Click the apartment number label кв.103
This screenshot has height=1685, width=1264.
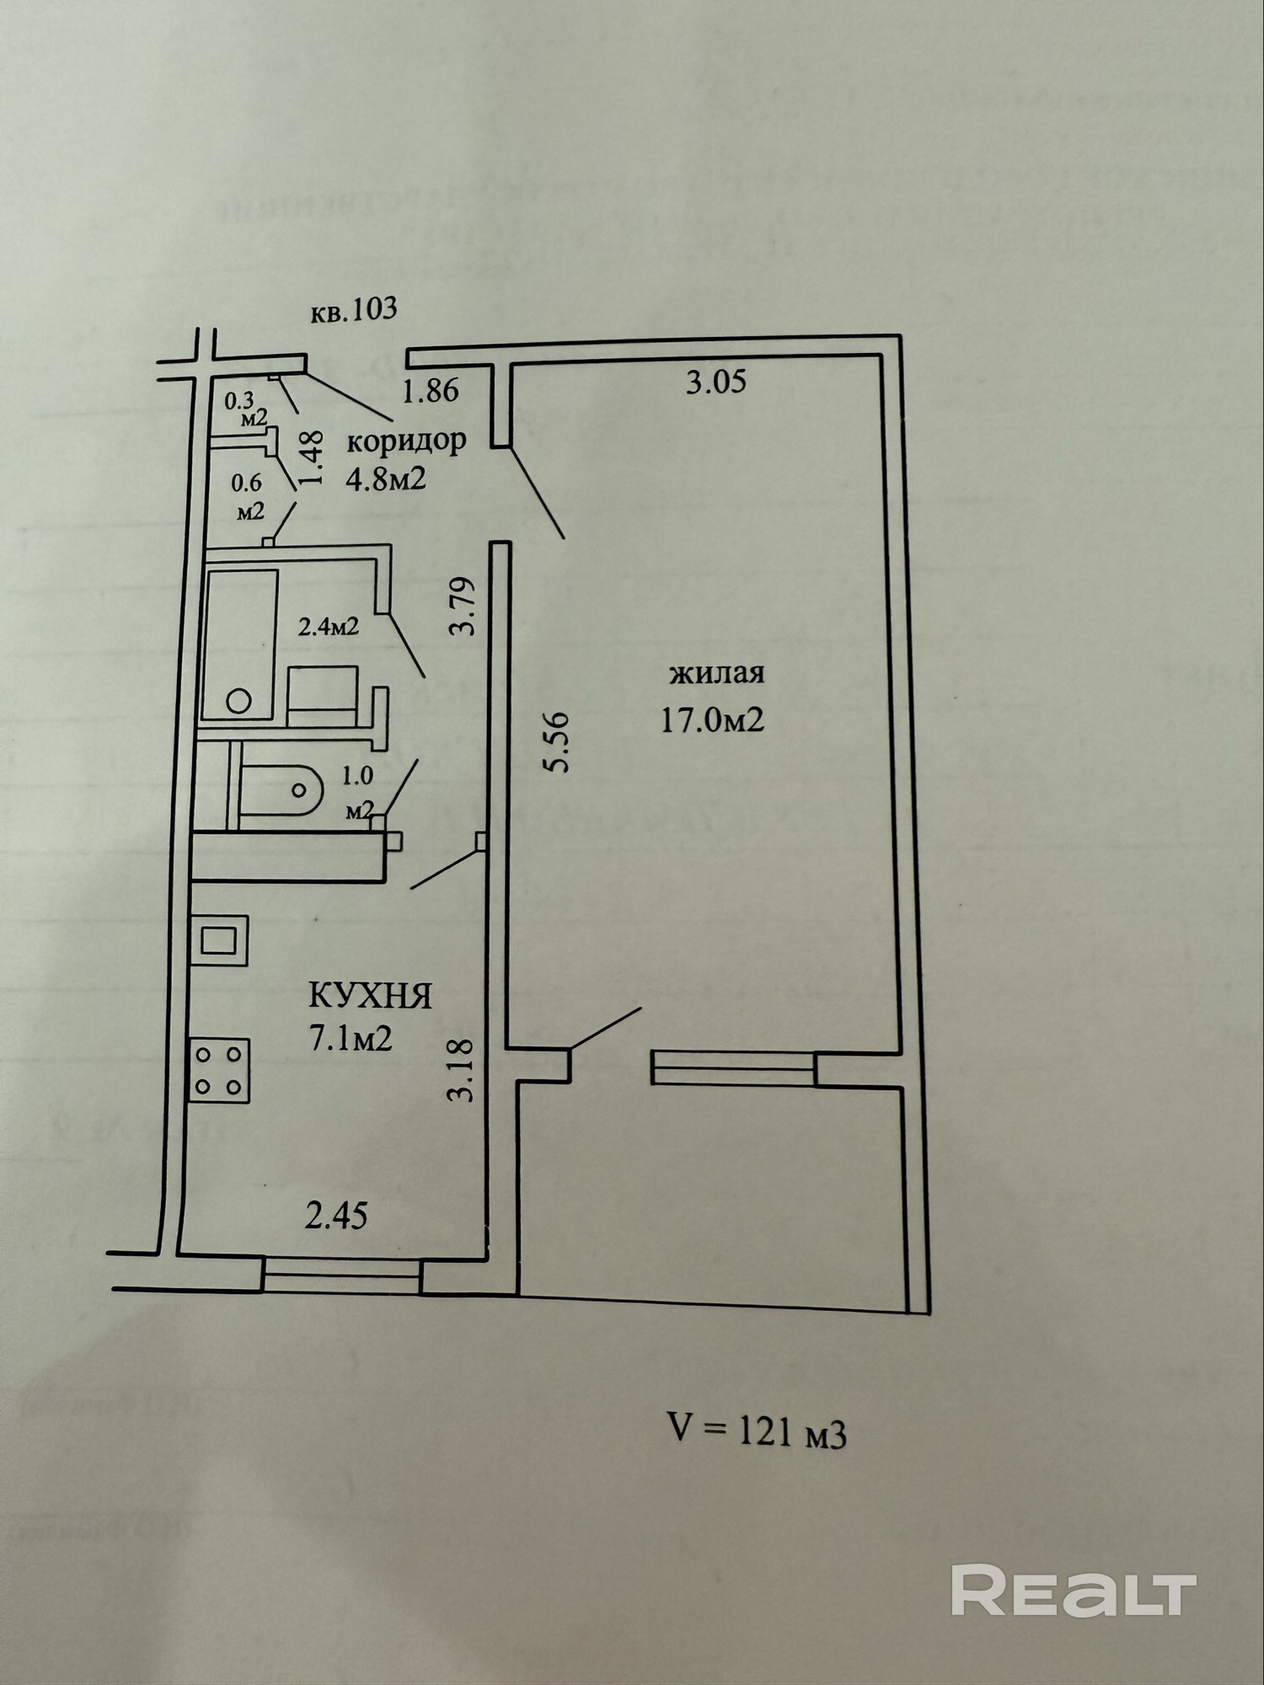(x=354, y=311)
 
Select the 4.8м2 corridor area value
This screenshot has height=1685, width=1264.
(x=385, y=479)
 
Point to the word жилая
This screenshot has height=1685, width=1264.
(x=716, y=674)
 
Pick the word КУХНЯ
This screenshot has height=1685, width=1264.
(x=371, y=997)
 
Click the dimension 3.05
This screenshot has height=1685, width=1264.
(x=716, y=383)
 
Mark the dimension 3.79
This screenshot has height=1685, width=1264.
(x=463, y=606)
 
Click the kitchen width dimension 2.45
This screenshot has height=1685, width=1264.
(x=336, y=1217)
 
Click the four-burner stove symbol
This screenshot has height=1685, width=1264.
(x=219, y=1070)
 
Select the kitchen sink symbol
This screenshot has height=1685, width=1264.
(x=219, y=939)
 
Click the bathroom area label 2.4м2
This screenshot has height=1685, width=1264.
(x=329, y=627)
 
